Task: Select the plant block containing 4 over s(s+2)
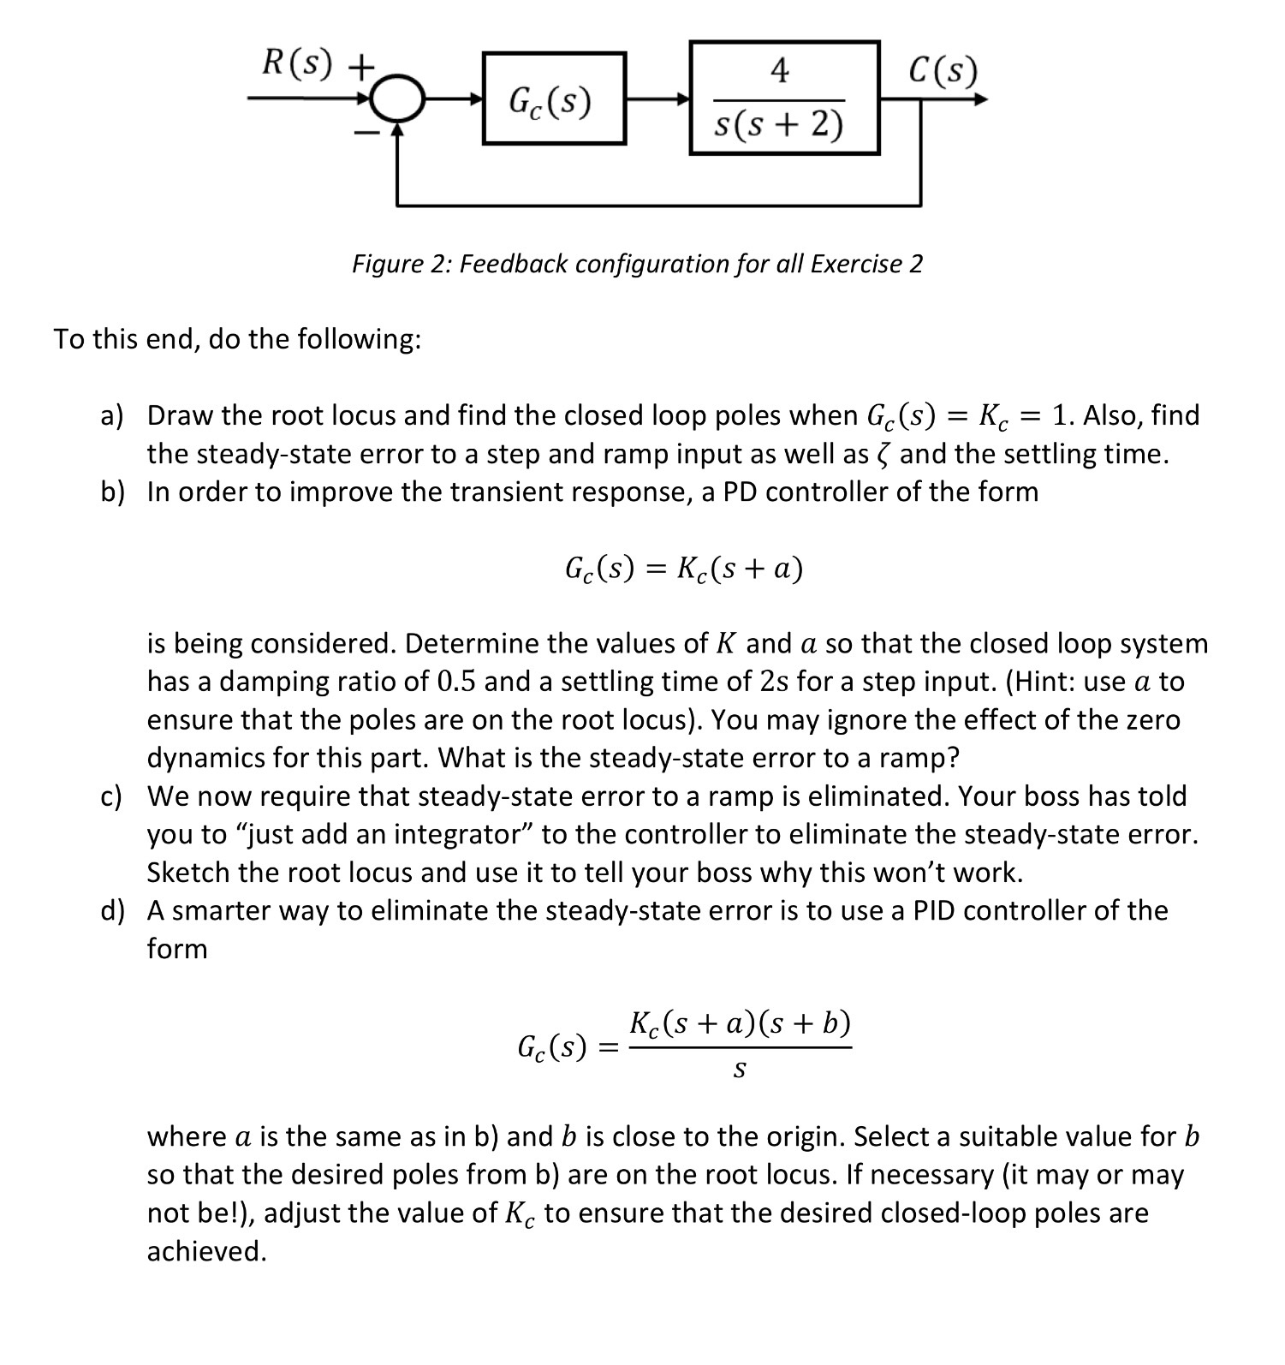coord(784,97)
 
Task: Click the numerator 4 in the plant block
coord(779,70)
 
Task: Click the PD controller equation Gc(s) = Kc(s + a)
coord(683,568)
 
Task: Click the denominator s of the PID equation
coord(740,1070)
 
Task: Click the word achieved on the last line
coord(206,1252)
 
